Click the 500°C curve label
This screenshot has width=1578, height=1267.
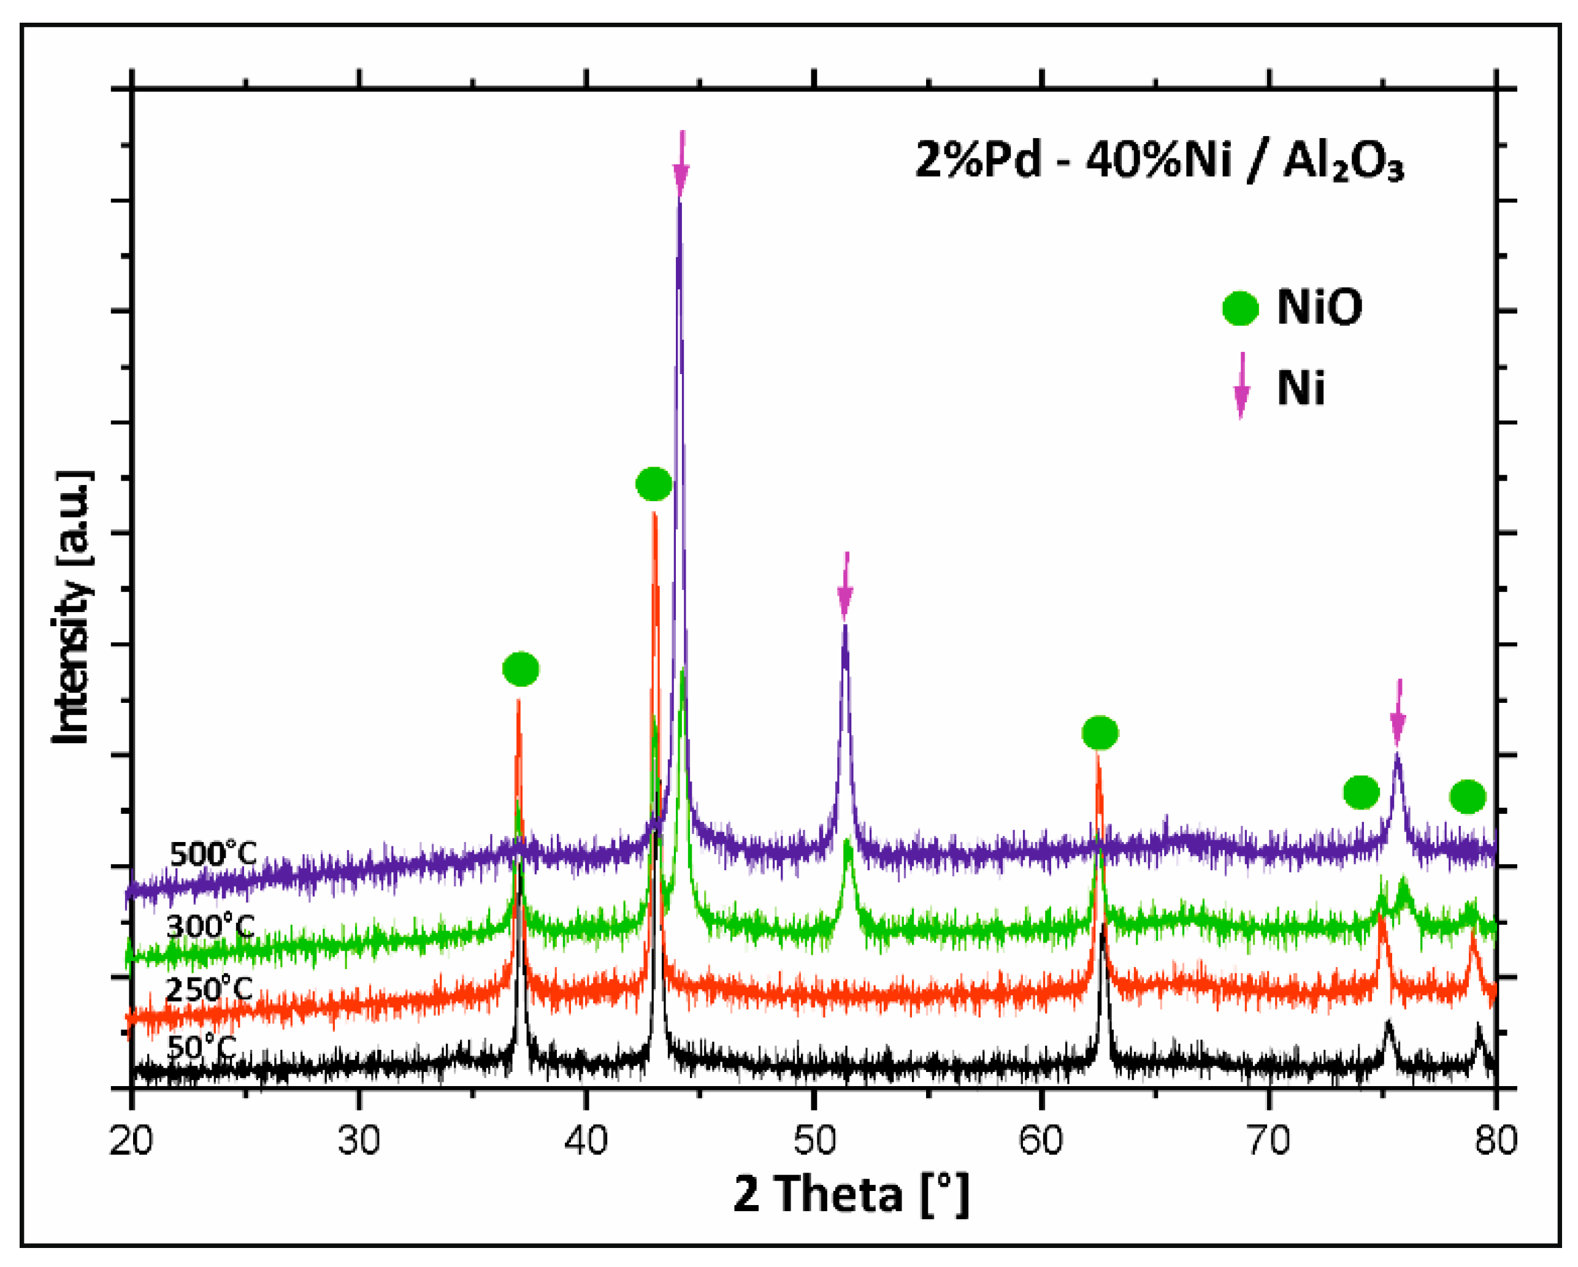(213, 854)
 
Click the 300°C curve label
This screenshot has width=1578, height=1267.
(210, 927)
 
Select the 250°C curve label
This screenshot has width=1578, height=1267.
(209, 990)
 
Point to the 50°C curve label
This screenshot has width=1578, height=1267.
(201, 1047)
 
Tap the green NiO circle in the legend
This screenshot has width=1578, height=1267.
(1240, 308)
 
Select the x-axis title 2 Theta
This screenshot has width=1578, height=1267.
(851, 1194)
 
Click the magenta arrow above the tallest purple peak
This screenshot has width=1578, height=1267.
(681, 166)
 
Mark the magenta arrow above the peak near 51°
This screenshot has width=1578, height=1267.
(845, 586)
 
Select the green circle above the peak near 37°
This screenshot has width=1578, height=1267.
(521, 668)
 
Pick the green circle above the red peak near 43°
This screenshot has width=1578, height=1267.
(654, 483)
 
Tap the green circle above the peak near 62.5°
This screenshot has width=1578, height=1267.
(1100, 732)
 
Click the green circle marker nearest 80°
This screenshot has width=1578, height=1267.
(1468, 797)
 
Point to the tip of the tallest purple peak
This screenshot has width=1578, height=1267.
(680, 201)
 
